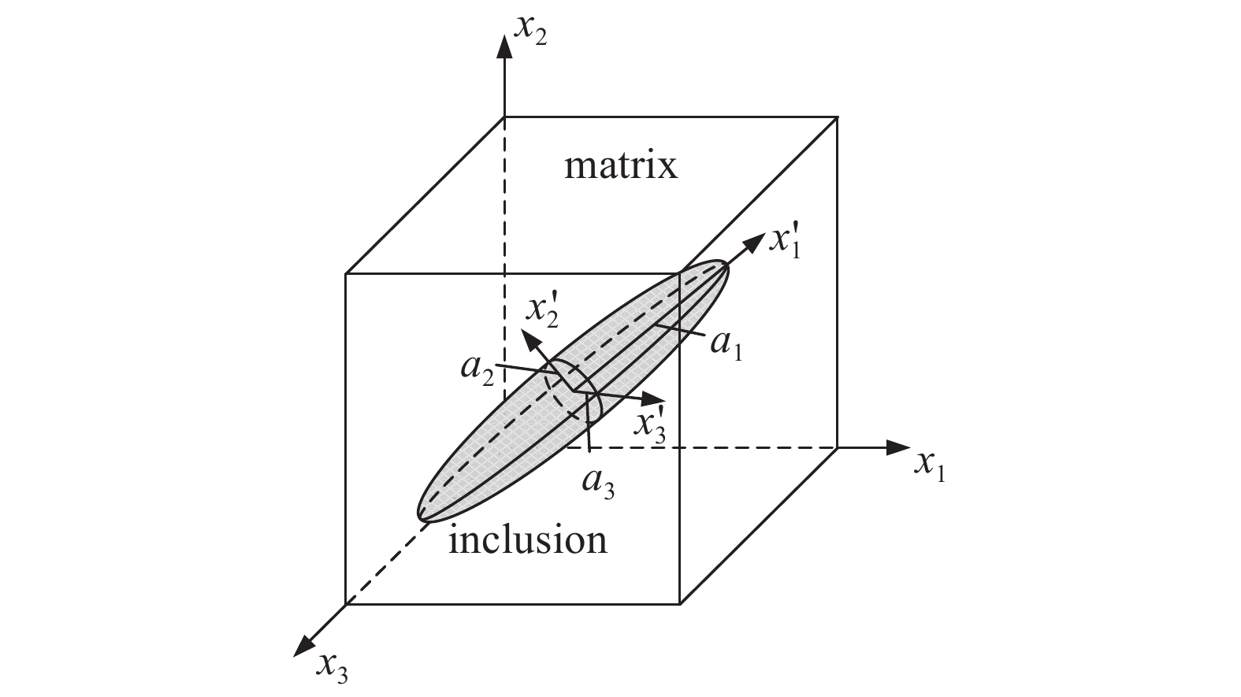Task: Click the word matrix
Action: click(621, 166)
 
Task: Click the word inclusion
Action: click(527, 539)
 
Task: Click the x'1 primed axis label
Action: click(785, 243)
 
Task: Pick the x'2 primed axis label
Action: click(542, 313)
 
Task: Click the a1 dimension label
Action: click(726, 347)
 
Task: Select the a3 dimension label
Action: click(598, 485)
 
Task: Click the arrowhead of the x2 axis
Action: click(504, 46)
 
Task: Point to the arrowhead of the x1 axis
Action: click(898, 447)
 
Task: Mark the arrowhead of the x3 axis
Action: click(303, 646)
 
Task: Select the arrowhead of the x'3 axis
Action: click(654, 400)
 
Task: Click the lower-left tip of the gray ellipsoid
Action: click(419, 517)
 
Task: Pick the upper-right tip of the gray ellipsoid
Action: click(726, 265)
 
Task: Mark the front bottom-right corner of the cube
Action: click(680, 604)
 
